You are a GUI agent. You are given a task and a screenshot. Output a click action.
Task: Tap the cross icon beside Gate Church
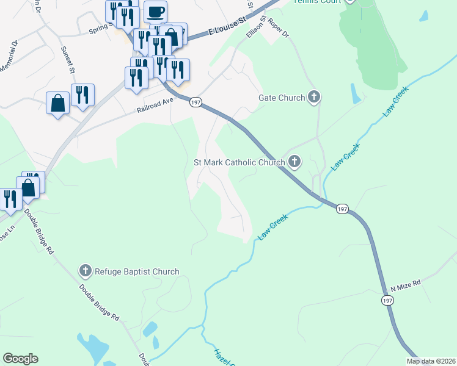click(x=313, y=97)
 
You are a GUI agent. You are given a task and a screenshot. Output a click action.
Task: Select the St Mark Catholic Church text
click(x=239, y=163)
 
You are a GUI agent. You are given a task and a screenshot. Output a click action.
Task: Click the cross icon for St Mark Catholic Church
click(x=294, y=162)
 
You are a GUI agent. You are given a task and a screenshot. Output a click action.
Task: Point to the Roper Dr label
click(x=276, y=29)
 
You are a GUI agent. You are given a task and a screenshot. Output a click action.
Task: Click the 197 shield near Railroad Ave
click(x=195, y=101)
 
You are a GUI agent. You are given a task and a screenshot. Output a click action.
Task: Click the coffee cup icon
click(x=156, y=12)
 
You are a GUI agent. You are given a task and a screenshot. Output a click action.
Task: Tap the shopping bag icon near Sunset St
click(x=57, y=102)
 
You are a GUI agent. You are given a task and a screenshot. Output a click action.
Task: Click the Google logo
click(x=20, y=359)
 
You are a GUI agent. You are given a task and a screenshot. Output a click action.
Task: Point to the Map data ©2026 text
click(x=430, y=361)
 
